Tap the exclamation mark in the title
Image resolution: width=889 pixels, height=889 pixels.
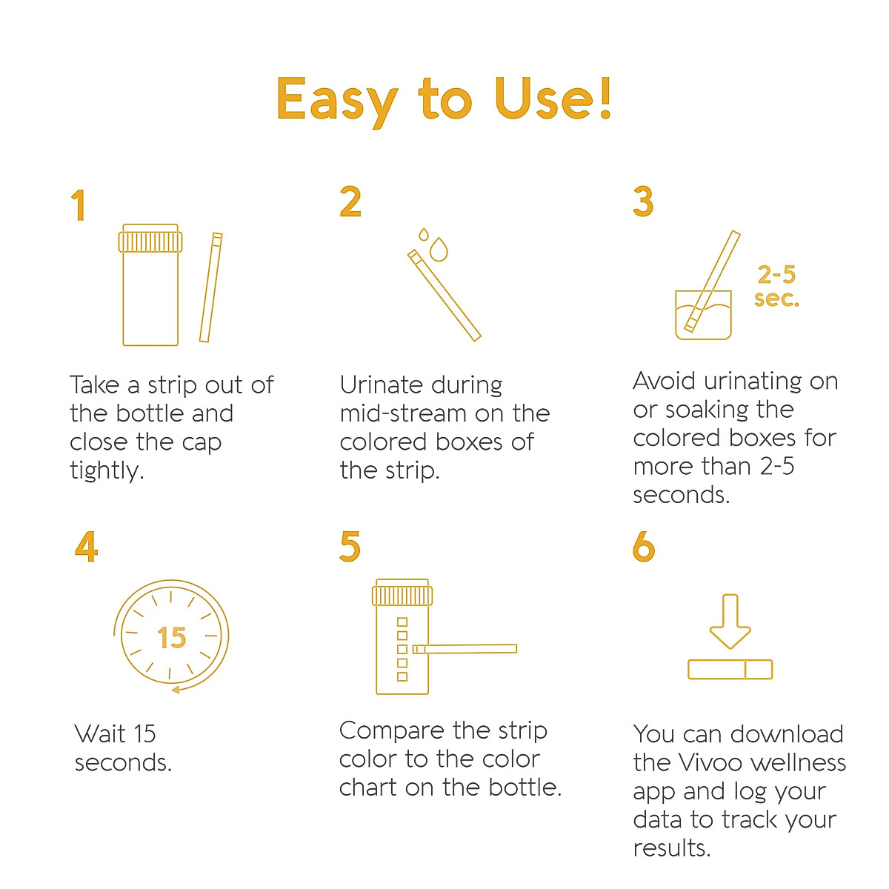click(605, 97)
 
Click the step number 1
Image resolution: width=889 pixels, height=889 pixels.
click(79, 205)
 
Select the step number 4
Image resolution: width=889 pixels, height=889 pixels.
click(86, 547)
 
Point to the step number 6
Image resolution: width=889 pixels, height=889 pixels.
click(644, 547)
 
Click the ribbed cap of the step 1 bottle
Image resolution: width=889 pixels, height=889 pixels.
click(150, 241)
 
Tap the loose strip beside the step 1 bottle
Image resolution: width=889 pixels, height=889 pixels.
click(211, 287)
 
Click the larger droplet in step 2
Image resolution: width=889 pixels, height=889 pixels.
click(439, 250)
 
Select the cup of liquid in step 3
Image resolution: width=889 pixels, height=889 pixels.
click(703, 315)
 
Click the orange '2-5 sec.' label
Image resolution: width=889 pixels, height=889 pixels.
click(776, 287)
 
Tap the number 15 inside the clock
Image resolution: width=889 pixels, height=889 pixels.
click(171, 638)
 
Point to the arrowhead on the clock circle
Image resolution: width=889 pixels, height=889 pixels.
click(176, 690)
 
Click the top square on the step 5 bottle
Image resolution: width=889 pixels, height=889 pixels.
click(402, 622)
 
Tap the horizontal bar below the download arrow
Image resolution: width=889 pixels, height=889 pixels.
click(730, 670)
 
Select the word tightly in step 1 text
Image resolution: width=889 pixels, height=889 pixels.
click(106, 470)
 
